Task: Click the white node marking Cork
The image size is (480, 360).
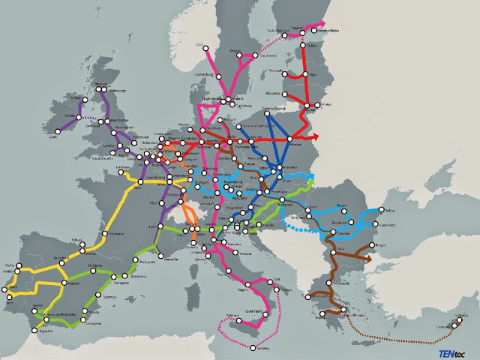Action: pos(57,132)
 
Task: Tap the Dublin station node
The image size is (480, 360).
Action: pos(78,117)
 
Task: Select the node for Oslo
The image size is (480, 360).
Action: pos(205,46)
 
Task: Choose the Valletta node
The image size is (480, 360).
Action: pos(253,349)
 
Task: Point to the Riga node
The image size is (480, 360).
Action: pos(305,74)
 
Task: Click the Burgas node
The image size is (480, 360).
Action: pos(370,245)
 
